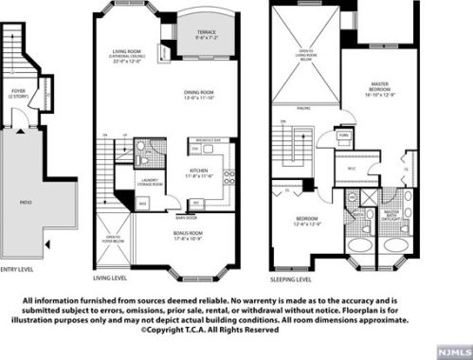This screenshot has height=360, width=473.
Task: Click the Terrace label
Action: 207,35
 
